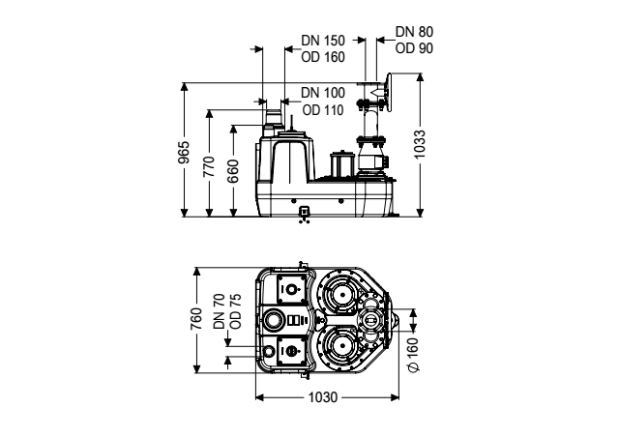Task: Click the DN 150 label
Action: tap(323, 41)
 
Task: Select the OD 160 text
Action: tap(323, 57)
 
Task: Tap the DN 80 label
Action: tap(414, 32)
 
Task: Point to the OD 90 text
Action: tap(414, 48)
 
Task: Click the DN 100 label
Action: tap(323, 93)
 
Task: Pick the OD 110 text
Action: tap(323, 110)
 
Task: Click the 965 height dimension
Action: tap(184, 152)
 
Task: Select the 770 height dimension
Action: tap(209, 166)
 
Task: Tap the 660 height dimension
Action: tap(233, 171)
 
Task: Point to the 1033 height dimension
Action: tap(420, 144)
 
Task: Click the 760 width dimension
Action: tap(196, 319)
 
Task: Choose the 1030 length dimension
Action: tap(323, 397)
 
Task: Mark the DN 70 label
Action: tap(219, 311)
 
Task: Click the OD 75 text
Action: tap(235, 311)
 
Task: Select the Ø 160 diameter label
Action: tap(413, 355)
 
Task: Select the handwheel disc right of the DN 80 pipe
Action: tap(390, 93)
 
